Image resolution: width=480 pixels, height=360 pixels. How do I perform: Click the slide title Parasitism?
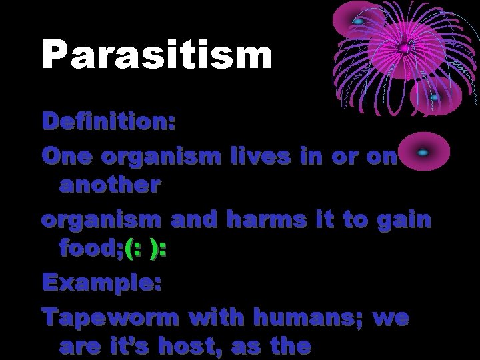click(x=157, y=55)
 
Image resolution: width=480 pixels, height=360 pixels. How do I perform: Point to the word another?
click(x=109, y=185)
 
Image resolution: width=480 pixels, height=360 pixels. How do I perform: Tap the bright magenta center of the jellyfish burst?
click(x=404, y=48)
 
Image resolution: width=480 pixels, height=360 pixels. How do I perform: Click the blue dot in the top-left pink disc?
click(x=358, y=21)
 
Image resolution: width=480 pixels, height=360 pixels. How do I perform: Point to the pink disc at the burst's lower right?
click(x=435, y=99)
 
